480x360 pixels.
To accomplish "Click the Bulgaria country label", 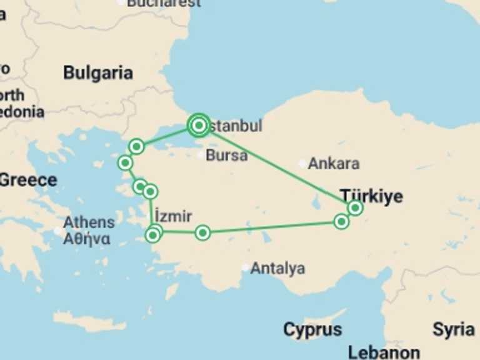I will click(x=98, y=72).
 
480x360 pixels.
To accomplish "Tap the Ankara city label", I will click(x=334, y=164).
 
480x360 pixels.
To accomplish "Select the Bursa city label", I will click(x=226, y=156).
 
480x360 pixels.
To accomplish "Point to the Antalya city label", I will click(x=277, y=269).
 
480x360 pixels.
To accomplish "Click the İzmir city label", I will click(x=172, y=216).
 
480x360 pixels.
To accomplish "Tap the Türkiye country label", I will click(x=371, y=196).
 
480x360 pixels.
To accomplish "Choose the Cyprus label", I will click(x=312, y=329).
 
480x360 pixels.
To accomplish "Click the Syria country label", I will click(x=453, y=329).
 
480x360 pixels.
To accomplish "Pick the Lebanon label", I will click(x=384, y=352).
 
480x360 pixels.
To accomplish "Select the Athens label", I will click(x=89, y=222).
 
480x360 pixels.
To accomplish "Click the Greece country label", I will click(x=27, y=180).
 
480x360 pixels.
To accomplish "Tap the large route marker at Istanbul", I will click(x=199, y=126).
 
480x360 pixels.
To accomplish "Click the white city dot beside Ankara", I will click(x=302, y=164).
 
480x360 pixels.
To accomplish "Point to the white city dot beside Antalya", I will click(x=245, y=268).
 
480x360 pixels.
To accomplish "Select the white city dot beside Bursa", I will click(x=200, y=155).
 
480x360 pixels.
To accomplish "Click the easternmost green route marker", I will click(x=355, y=207).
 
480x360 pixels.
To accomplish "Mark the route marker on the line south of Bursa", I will click(x=202, y=233).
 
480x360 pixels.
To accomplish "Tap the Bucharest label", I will click(x=164, y=3).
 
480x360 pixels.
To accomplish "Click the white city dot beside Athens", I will click(x=58, y=230).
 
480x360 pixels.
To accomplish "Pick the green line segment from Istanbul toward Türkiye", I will click(x=275, y=166).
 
